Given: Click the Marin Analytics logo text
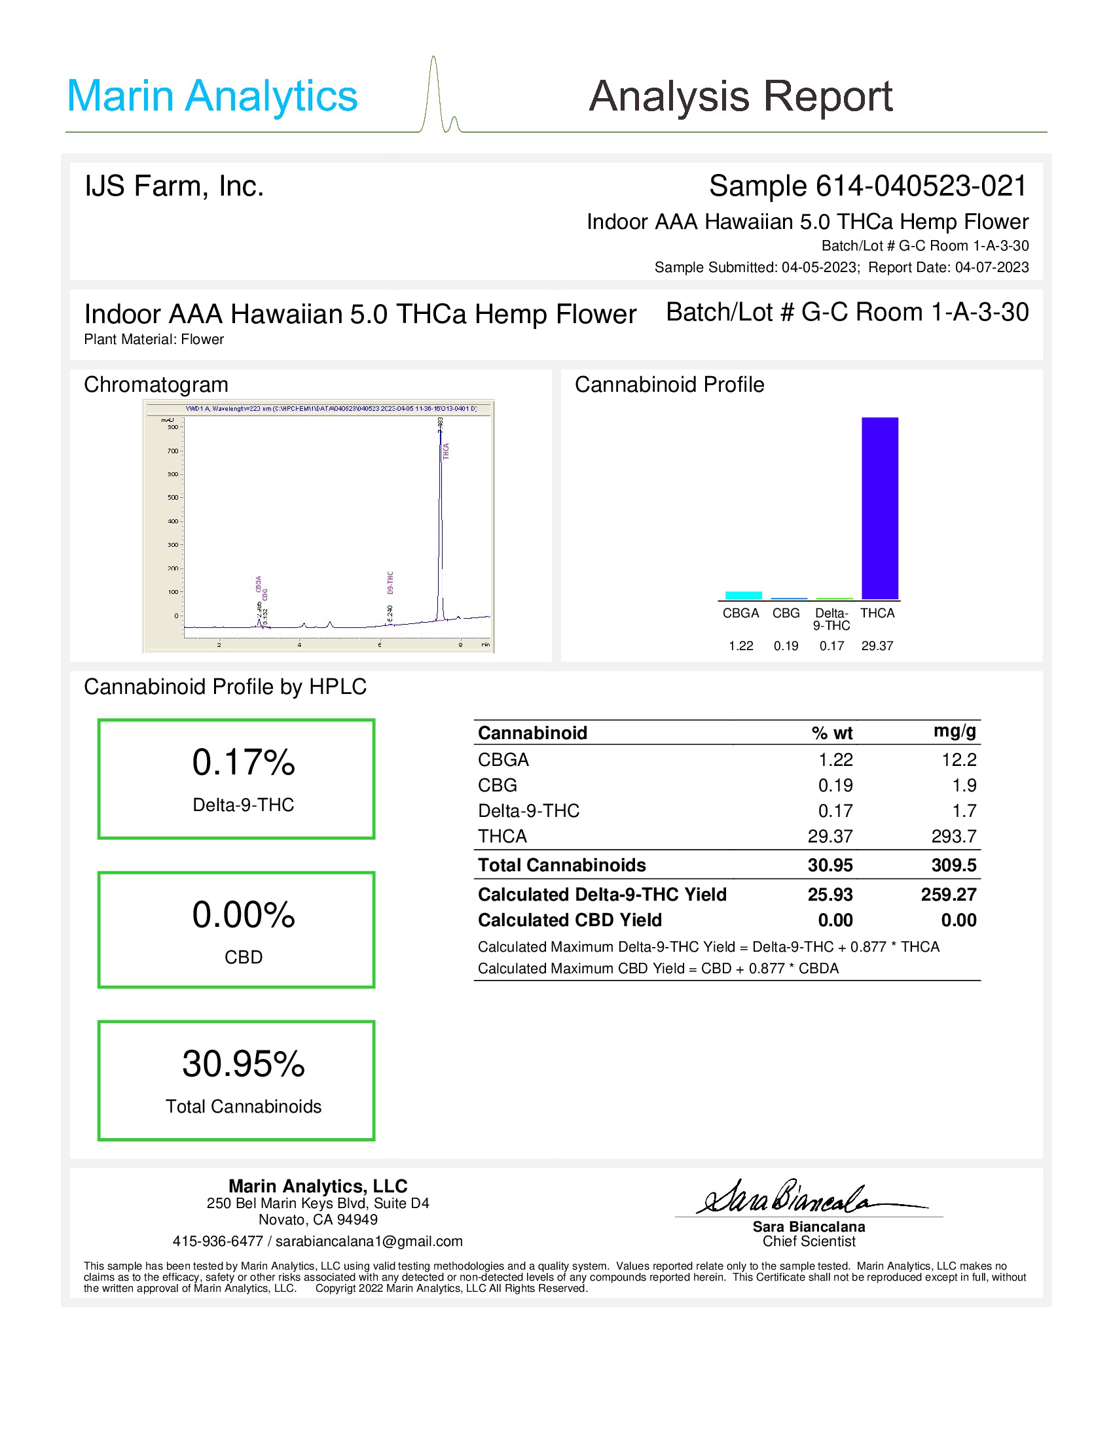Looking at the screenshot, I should click(211, 96).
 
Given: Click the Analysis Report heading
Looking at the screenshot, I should click(740, 96).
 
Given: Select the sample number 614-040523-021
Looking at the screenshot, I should click(921, 186).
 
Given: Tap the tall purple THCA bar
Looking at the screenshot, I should click(879, 508).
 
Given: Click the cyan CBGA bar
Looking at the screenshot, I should click(743, 595).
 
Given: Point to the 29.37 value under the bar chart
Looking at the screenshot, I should click(877, 646).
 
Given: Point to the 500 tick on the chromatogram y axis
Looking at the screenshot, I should click(173, 498).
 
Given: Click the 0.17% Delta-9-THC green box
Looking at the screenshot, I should click(236, 779).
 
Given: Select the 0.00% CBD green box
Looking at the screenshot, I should click(236, 929).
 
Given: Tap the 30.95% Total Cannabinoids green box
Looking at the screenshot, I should click(236, 1081).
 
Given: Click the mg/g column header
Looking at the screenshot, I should click(954, 731).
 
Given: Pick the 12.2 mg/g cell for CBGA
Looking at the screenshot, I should click(958, 759).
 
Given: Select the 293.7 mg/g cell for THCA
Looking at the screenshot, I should click(953, 836).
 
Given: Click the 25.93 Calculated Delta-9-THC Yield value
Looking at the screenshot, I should click(830, 894).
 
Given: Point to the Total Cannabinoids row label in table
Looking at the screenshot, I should click(562, 865).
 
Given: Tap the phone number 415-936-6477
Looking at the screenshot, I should click(217, 1241).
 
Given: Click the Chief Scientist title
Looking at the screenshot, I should click(809, 1241).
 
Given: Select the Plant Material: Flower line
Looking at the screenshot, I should click(154, 339).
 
